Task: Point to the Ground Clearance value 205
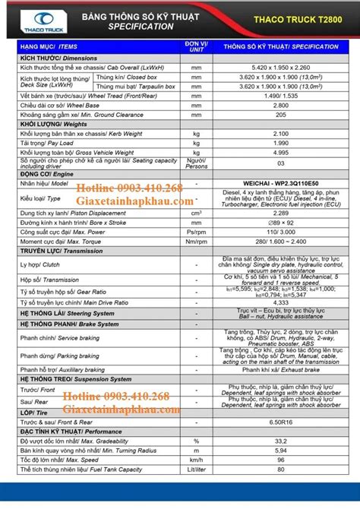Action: pos(280,114)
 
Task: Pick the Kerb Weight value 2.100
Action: pos(280,133)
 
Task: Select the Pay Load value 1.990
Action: pos(280,142)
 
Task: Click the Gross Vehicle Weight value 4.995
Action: pos(280,152)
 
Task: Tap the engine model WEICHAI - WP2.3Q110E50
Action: pos(280,183)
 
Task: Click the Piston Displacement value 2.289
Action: pos(280,213)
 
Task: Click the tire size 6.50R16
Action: pos(280,422)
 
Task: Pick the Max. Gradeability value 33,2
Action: pos(280,441)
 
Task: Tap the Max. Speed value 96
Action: pos(280,460)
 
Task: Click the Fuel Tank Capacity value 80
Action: pos(280,469)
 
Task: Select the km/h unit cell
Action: pos(196,460)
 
